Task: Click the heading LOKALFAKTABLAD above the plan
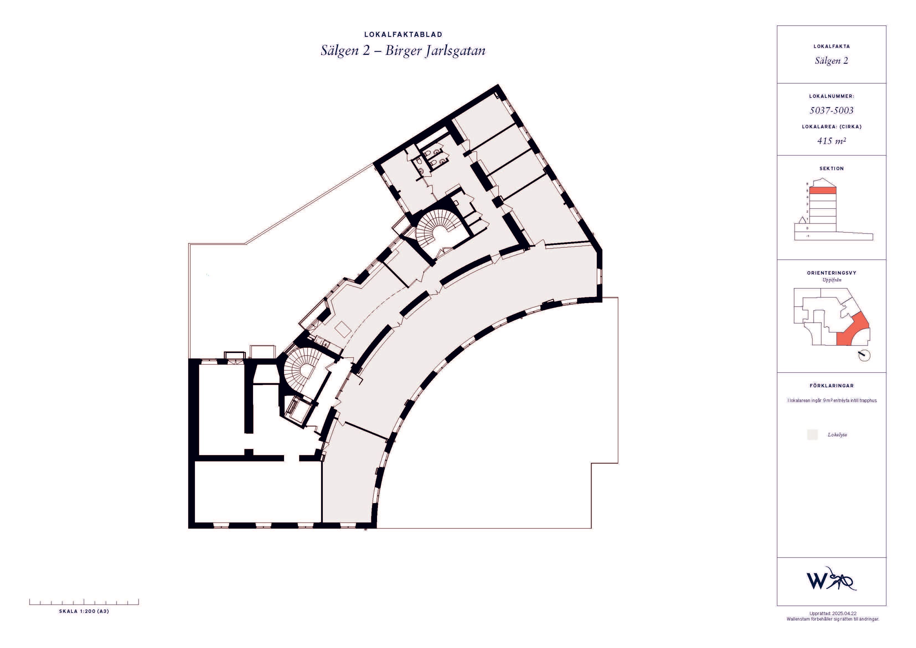point(403,35)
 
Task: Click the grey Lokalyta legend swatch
point(812,435)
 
